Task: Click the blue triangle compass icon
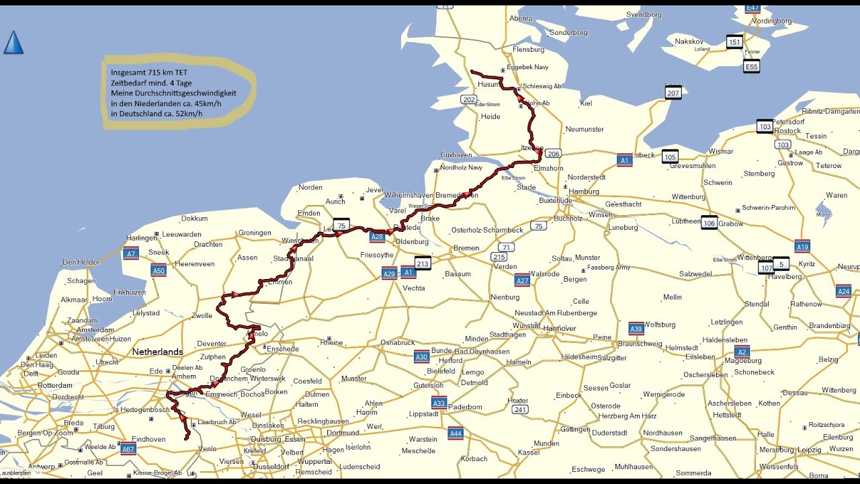(13, 42)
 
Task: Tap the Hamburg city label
(583, 192)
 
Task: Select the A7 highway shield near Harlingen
(131, 253)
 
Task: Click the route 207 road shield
(673, 93)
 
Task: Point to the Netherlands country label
(157, 352)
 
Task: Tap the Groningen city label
(255, 233)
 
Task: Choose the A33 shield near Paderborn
(439, 403)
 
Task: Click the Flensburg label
(528, 50)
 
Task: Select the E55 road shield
(751, 67)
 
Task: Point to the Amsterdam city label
(95, 330)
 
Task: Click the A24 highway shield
(844, 291)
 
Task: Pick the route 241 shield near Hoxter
(519, 409)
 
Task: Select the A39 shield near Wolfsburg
(636, 329)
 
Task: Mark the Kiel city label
(585, 104)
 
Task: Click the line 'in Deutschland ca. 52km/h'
(157, 114)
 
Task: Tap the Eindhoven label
(148, 439)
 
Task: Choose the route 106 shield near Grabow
(709, 223)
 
